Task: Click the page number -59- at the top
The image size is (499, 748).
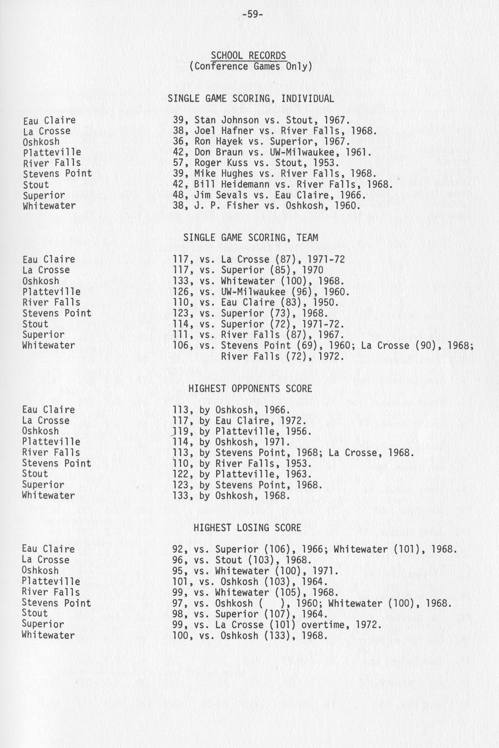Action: coord(252,15)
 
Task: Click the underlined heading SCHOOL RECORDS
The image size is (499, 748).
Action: coord(248,55)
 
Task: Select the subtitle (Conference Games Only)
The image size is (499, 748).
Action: coord(250,67)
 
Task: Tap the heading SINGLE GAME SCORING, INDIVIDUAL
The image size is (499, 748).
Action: coord(250,99)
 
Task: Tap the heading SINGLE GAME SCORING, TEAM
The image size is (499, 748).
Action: coord(250,237)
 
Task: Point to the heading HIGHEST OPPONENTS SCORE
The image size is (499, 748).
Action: coord(250,389)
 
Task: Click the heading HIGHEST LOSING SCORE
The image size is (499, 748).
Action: coord(247,527)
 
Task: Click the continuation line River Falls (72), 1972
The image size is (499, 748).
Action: coord(282,357)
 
